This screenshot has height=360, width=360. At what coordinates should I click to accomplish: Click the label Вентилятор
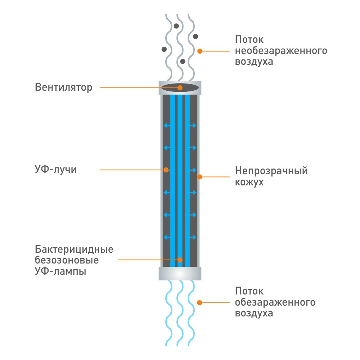[x=63, y=87]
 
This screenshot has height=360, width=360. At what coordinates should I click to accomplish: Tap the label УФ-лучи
[x=55, y=170]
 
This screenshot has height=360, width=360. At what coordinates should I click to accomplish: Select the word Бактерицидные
[x=74, y=249]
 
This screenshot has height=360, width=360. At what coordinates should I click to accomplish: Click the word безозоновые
[x=67, y=260]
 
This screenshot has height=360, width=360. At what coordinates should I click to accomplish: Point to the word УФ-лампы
[x=60, y=271]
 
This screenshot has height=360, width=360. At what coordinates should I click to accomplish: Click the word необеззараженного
[x=281, y=51]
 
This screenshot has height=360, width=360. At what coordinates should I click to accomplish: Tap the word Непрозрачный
[x=271, y=171]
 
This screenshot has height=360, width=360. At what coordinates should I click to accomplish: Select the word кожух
[x=249, y=182]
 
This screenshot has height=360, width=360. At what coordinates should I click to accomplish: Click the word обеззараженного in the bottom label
[x=275, y=302]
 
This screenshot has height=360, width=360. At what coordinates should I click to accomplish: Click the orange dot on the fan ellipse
[x=180, y=87]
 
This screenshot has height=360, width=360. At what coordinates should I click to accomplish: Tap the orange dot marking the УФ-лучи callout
[x=166, y=170]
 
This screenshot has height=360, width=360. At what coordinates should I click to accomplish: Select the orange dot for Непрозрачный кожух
[x=199, y=177]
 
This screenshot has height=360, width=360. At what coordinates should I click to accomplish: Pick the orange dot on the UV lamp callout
[x=180, y=260]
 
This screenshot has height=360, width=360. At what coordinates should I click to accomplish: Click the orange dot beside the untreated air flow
[x=200, y=51]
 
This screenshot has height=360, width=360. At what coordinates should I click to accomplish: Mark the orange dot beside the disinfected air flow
[x=199, y=303]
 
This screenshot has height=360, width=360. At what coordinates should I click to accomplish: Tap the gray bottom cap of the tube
[x=180, y=274]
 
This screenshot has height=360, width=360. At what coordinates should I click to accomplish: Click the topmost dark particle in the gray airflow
[x=176, y=26]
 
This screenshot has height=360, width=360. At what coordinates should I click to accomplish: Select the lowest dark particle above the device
[x=183, y=62]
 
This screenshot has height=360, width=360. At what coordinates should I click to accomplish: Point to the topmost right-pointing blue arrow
[x=193, y=125]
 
